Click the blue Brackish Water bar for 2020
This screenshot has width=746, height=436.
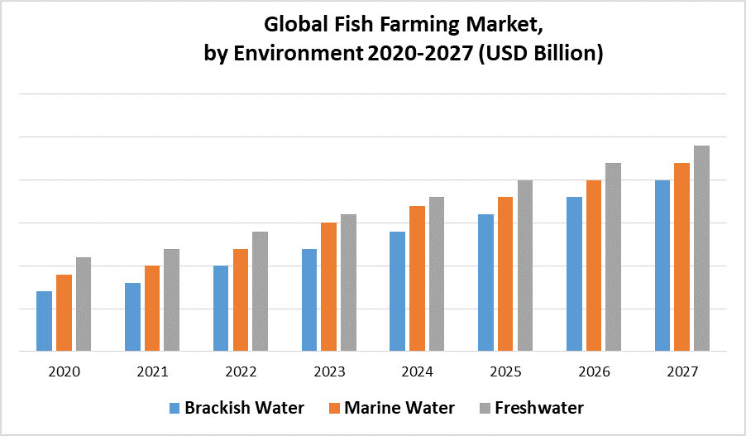click(x=44, y=321)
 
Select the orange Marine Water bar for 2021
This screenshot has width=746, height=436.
click(x=152, y=308)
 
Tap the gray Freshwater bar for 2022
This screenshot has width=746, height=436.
click(x=260, y=291)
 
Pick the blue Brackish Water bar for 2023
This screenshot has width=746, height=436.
click(x=309, y=299)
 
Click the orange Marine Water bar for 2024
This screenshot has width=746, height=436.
click(x=417, y=278)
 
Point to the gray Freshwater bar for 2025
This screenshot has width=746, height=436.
click(x=525, y=266)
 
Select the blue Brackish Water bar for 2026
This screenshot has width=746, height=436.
click(x=574, y=274)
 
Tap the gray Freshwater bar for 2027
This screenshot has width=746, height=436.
click(x=701, y=248)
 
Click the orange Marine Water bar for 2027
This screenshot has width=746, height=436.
click(x=681, y=256)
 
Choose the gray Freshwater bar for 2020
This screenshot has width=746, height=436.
click(x=84, y=304)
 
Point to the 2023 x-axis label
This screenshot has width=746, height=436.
click(x=328, y=372)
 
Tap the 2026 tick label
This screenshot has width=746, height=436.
click(x=593, y=372)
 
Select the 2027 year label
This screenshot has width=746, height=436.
click(x=681, y=372)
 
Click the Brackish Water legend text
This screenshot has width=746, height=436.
click(x=244, y=408)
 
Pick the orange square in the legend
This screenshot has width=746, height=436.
click(x=335, y=408)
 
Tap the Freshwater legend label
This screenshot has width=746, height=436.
click(x=539, y=408)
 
